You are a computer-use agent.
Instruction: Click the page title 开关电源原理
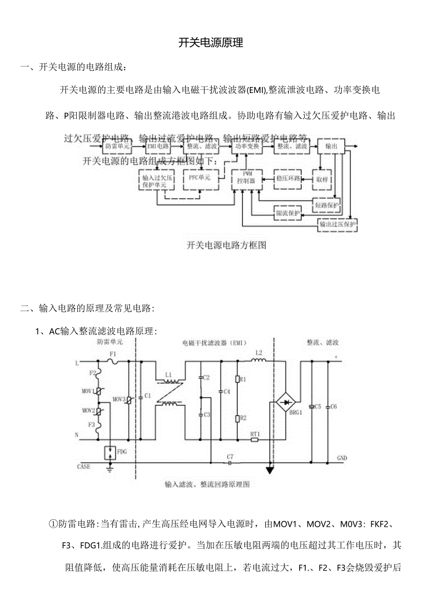click(211, 43)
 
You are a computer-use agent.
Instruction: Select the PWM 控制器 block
click(246, 179)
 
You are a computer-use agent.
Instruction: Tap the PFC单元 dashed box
click(199, 178)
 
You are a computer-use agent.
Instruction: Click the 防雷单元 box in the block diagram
click(117, 146)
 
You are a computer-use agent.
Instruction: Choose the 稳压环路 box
click(287, 178)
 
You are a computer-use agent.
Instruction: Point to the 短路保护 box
click(327, 205)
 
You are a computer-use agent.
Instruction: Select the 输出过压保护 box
click(337, 225)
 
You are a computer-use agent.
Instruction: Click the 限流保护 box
click(288, 213)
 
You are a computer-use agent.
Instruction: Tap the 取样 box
click(321, 179)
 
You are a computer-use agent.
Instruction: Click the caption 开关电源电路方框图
click(226, 245)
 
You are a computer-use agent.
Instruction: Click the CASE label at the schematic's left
click(84, 466)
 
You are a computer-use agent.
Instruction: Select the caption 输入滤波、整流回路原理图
click(207, 485)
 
